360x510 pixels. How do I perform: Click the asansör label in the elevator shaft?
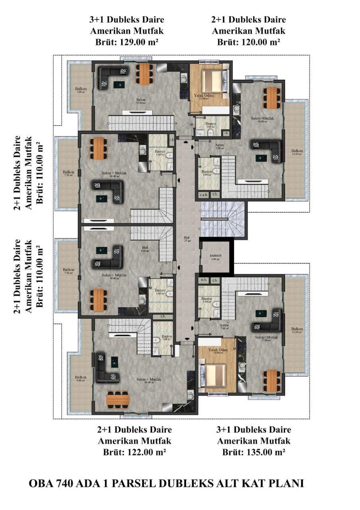tap(215, 257)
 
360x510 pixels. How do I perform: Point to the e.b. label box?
tap(203, 280)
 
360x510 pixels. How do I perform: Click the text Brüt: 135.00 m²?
tap(254, 452)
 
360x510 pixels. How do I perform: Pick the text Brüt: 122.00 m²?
tap(134, 452)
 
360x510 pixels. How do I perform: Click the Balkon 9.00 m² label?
tap(81, 379)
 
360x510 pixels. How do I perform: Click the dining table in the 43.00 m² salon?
tap(118, 398)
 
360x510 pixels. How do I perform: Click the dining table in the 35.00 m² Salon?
tap(144, 74)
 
